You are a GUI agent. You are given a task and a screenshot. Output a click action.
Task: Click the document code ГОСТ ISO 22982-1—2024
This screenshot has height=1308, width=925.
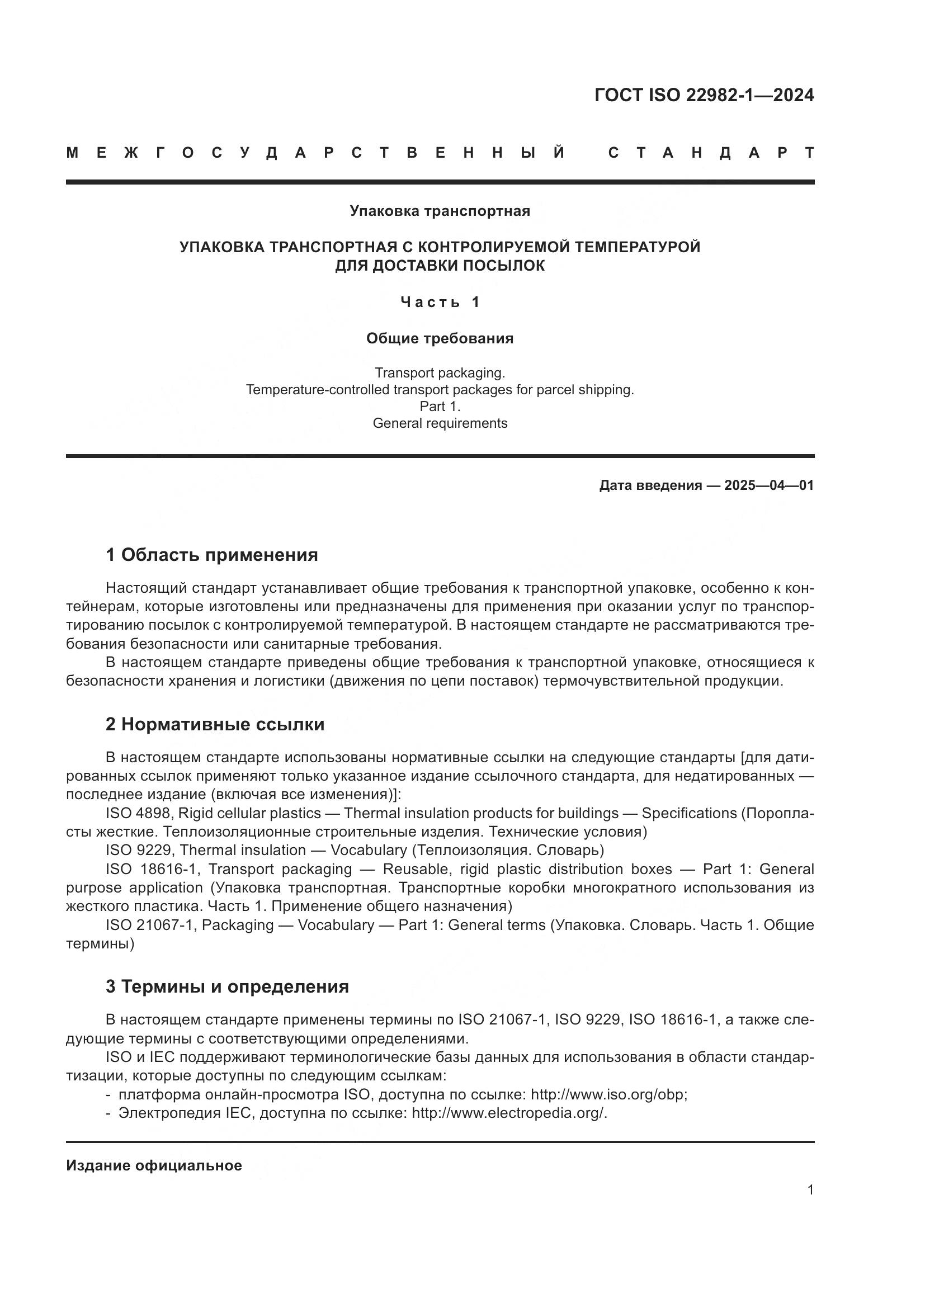(x=704, y=95)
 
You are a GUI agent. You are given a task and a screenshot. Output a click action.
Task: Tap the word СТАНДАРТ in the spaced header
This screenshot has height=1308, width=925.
(x=711, y=153)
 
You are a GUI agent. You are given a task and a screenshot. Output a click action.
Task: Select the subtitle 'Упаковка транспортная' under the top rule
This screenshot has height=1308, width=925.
(x=440, y=211)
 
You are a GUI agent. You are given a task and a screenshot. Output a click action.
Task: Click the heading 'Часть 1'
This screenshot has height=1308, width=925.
(x=440, y=302)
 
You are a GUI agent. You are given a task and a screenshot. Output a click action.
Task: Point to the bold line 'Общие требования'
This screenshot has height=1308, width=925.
(x=440, y=338)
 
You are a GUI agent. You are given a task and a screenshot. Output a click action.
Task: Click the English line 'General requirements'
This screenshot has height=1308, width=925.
(x=440, y=423)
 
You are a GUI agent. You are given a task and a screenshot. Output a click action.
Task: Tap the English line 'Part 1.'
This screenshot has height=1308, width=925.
(x=440, y=406)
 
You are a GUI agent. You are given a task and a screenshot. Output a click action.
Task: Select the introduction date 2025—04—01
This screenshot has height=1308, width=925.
(x=769, y=485)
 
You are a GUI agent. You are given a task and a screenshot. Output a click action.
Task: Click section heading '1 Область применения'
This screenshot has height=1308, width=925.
(x=211, y=554)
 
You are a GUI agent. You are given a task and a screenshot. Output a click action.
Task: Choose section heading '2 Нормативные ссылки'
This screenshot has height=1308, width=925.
(x=215, y=724)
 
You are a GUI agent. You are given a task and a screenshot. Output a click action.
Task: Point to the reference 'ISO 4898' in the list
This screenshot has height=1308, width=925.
(x=138, y=813)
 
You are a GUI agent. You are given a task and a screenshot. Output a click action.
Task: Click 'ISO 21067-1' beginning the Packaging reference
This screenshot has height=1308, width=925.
(x=150, y=924)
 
